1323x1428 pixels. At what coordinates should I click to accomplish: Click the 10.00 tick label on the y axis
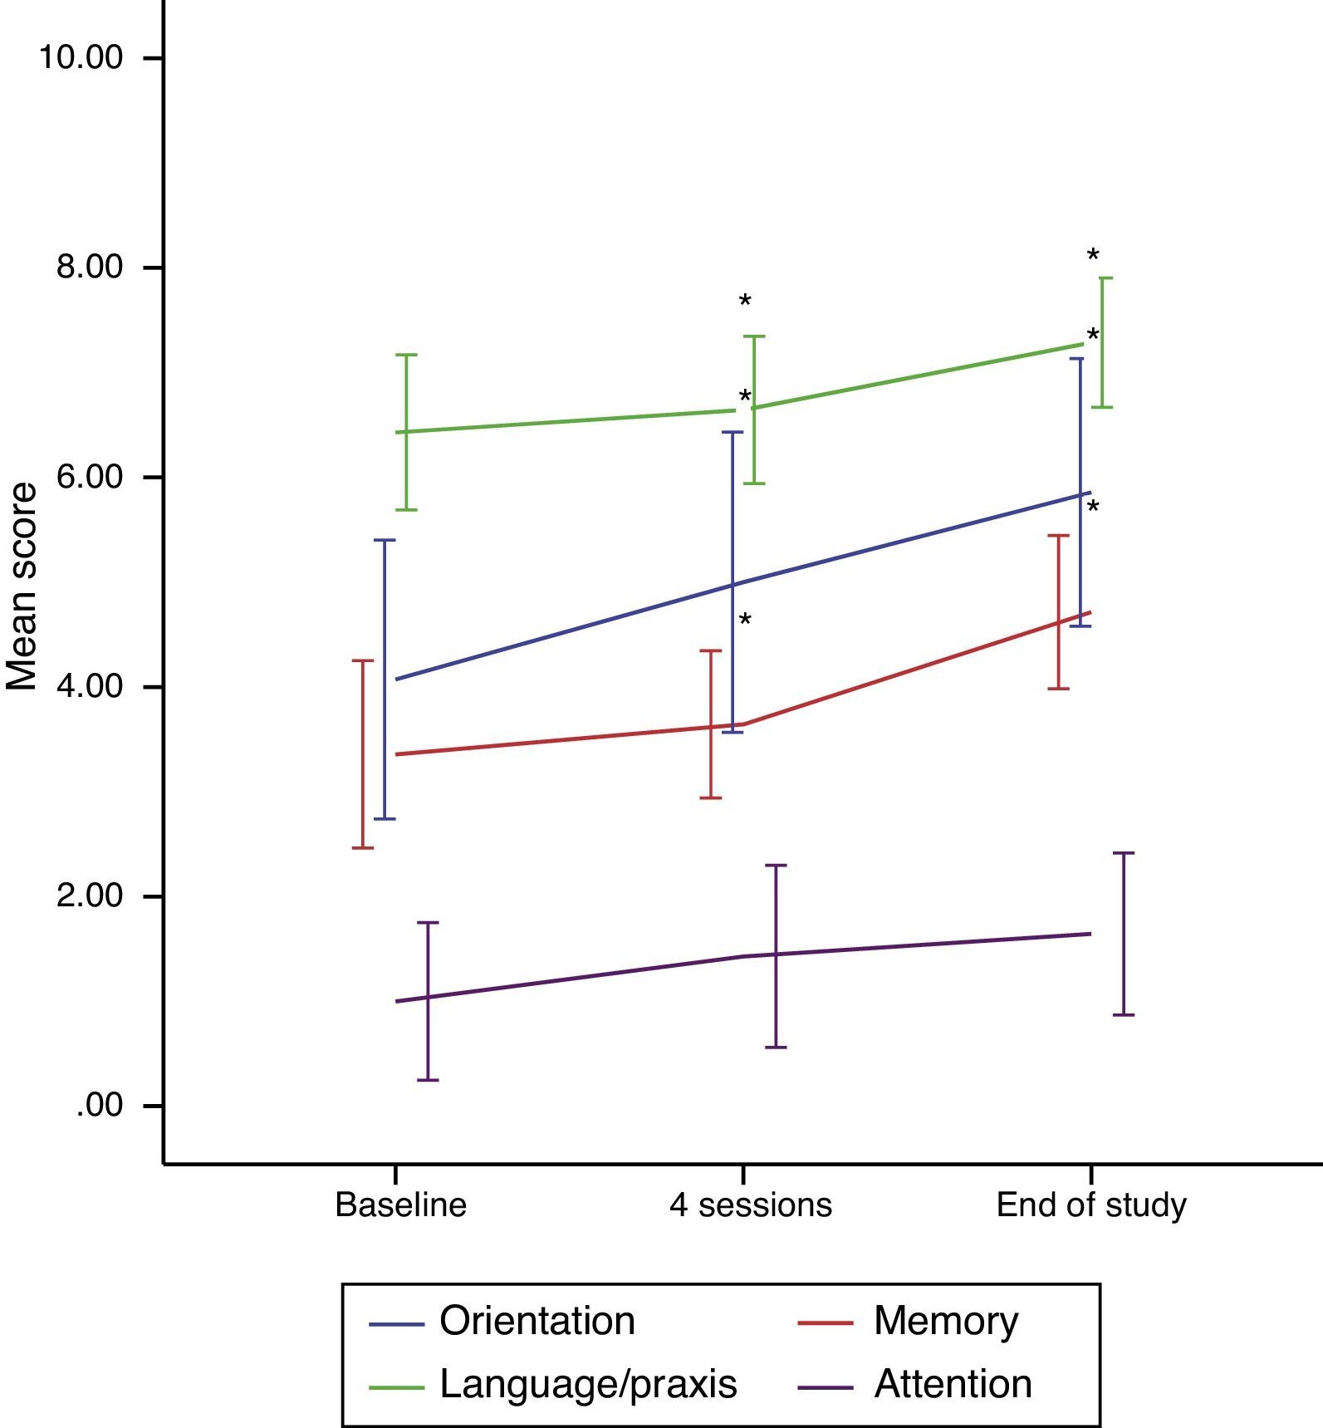[81, 58]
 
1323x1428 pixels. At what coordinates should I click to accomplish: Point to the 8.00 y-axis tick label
[89, 267]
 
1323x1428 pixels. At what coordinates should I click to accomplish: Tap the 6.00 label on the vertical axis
[89, 478]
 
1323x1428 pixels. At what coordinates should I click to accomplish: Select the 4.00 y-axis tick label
[89, 687]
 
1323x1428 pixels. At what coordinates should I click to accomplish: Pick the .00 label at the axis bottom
[100, 1107]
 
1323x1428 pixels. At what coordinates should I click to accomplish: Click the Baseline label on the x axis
[400, 1205]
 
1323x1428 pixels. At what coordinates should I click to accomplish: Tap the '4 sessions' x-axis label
[750, 1205]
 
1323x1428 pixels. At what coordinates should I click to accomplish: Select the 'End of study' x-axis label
[1090, 1205]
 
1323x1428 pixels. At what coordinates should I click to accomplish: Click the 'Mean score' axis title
[22, 586]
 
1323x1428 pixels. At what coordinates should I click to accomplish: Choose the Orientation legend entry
[537, 1321]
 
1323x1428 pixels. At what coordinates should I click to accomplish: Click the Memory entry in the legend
[945, 1321]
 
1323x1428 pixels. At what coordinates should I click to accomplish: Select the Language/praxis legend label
[588, 1384]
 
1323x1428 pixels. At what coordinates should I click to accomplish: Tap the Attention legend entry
[953, 1384]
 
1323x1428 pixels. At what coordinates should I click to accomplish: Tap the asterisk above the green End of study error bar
[1093, 255]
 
